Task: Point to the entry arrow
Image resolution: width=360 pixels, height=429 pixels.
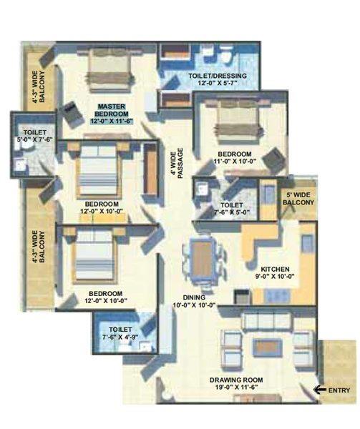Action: (320, 390)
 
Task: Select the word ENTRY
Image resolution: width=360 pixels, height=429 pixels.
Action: (339, 390)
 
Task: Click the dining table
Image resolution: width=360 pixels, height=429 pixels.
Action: (202, 260)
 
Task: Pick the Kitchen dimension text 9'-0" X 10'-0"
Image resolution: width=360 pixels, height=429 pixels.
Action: (275, 276)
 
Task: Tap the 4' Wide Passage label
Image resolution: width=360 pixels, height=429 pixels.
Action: (177, 163)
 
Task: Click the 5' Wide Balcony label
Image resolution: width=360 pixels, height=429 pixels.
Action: (298, 199)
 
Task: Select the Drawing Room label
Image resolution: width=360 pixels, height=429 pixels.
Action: (236, 380)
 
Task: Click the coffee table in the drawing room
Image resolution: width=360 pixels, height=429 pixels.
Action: (267, 347)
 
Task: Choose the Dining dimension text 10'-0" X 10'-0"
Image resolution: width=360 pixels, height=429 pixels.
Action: (194, 305)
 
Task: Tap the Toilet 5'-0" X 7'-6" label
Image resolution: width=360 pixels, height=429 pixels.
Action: (35, 136)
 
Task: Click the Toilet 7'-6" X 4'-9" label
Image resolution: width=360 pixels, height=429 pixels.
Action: (120, 333)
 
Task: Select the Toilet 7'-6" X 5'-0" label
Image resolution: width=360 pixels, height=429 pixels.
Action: (232, 208)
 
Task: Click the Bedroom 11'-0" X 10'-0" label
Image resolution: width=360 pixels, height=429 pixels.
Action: (235, 157)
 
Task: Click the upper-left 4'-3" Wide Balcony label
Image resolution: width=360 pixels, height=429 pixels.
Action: (39, 87)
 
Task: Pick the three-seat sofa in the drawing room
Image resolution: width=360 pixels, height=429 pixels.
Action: (267, 320)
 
